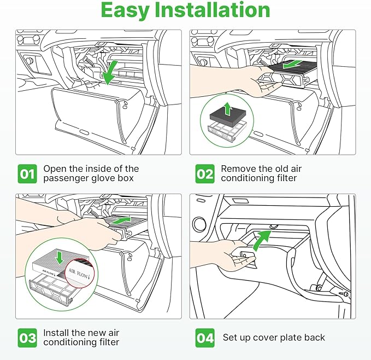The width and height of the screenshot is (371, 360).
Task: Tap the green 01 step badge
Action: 27,174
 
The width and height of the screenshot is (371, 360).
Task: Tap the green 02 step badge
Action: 204,174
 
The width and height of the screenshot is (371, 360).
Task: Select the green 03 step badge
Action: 27,338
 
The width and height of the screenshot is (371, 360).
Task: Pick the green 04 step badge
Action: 204,338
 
